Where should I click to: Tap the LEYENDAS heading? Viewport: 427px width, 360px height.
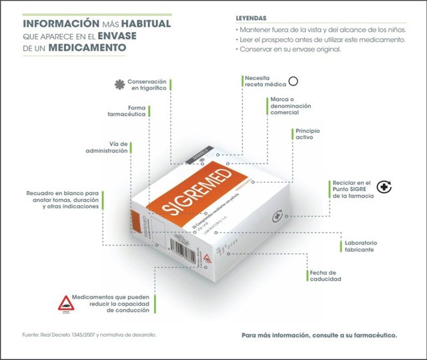coord(254,18)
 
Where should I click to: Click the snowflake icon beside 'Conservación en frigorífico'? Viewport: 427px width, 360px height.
coord(119,83)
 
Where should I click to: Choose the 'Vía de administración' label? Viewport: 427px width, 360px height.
coord(127,147)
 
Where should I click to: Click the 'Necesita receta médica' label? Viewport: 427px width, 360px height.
coord(265,81)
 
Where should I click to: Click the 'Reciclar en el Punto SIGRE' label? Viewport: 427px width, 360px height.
coord(352,189)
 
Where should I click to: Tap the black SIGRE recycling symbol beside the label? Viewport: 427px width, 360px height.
coord(385,188)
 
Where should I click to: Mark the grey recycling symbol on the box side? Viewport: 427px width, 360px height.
coord(277,217)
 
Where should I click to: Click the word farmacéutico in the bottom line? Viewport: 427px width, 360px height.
coord(373,335)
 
